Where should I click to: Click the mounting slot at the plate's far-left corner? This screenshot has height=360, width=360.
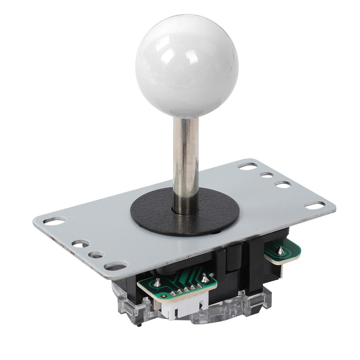55,220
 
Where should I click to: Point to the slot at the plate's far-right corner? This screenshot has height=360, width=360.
315,205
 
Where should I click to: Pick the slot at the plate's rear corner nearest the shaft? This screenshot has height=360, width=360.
248,166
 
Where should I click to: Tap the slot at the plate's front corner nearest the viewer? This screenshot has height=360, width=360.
115,266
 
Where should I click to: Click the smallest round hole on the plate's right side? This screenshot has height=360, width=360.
267,175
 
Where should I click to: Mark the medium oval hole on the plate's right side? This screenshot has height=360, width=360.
283,184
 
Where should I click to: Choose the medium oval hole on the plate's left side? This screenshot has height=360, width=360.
80,243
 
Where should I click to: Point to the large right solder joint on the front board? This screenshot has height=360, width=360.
204,277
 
